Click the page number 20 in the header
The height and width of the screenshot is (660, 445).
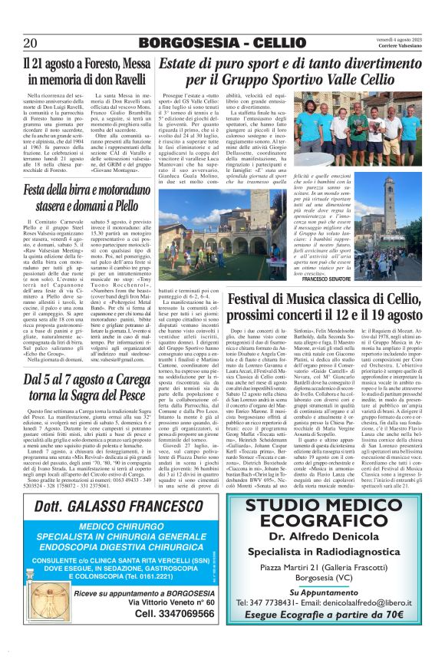tap(30, 43)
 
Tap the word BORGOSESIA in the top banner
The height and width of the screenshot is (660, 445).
tap(177, 43)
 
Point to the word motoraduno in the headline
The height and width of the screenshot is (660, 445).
tap(114, 188)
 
